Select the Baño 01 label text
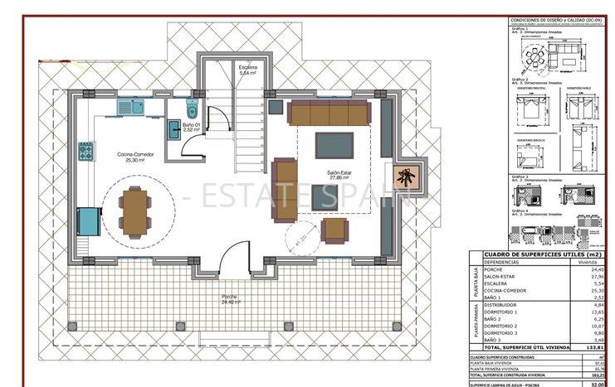tap(192, 127)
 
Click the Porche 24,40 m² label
tap(230, 299)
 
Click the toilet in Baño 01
tap(192, 109)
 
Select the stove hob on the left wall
tap(85, 152)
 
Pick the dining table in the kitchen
tap(133, 211)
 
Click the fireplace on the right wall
tap(406, 176)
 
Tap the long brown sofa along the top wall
tap(329, 113)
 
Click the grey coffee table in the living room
tap(334, 144)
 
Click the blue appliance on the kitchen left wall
tap(86, 222)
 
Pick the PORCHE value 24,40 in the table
tap(597, 269)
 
